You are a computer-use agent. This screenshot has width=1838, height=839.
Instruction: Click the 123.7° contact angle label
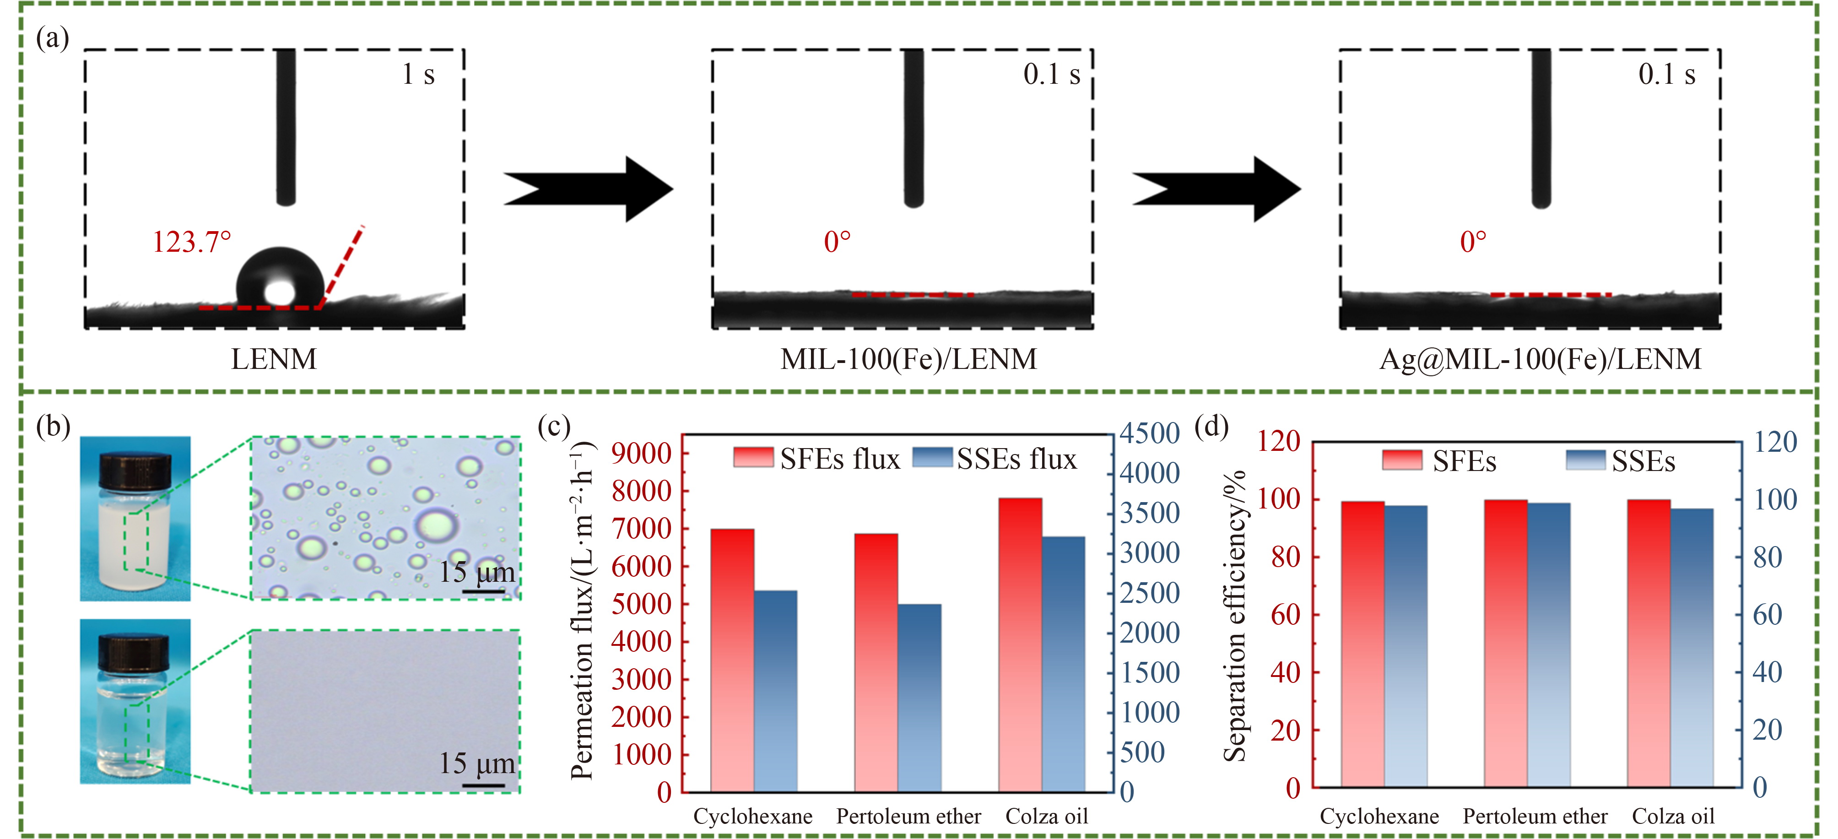[x=191, y=243]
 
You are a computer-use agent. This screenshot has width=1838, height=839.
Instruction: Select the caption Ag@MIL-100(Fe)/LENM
[x=1540, y=359]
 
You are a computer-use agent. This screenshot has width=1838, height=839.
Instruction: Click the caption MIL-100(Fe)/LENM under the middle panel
[x=908, y=359]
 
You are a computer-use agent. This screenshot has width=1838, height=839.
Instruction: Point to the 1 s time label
[x=418, y=74]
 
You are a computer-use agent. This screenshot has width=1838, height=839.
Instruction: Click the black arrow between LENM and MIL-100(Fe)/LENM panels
[x=588, y=189]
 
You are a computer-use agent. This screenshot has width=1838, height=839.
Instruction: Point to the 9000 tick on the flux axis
[x=642, y=453]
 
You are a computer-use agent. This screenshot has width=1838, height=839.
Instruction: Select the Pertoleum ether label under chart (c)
[x=908, y=816]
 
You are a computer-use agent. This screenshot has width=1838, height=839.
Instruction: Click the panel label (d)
[x=1211, y=426]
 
